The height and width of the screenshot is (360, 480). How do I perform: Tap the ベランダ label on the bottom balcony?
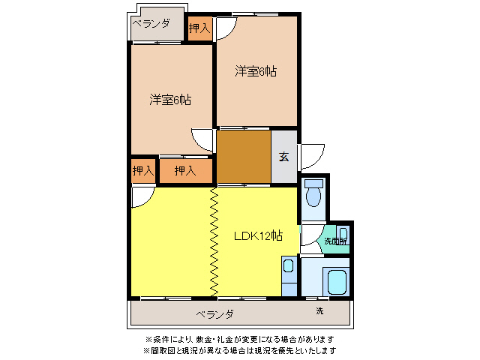[x=215, y=313]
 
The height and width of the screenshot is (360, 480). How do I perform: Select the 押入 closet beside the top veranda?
[x=199, y=28]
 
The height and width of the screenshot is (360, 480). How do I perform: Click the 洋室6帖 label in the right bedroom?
[x=256, y=71]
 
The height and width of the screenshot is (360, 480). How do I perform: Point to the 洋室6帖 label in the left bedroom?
[x=169, y=99]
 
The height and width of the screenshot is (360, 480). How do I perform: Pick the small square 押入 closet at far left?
[x=142, y=171]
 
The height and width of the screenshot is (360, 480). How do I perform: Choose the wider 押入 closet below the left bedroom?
[x=184, y=171]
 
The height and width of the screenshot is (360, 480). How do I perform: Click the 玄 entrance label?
[x=284, y=157]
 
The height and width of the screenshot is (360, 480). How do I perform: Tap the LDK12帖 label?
[x=257, y=235]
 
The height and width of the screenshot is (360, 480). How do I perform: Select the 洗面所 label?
[x=334, y=241]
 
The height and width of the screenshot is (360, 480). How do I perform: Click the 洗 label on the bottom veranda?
[x=319, y=310]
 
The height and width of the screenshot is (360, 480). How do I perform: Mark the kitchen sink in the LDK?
[x=288, y=265]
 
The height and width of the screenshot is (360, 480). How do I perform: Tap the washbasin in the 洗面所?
[x=342, y=232]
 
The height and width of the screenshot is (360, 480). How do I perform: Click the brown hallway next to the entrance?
[x=244, y=157]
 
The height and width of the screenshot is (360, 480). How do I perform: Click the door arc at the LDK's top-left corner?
[x=140, y=196]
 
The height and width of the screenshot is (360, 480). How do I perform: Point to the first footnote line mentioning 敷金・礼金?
[x=239, y=339]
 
